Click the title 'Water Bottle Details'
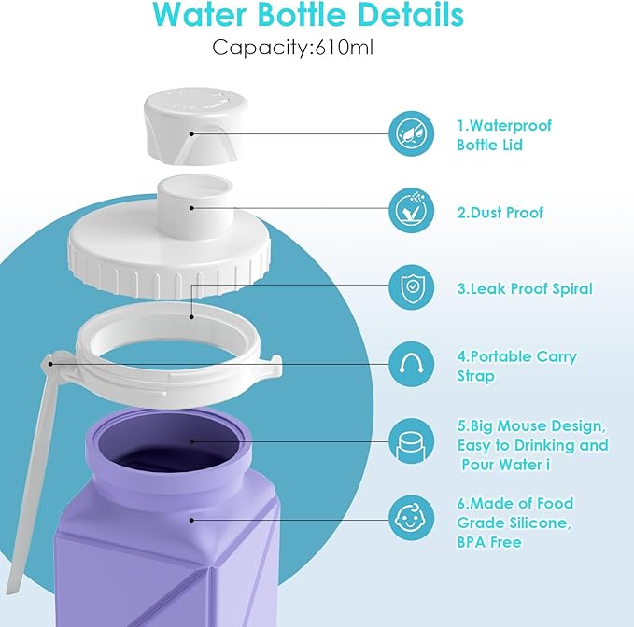point(308,16)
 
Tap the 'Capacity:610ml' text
point(292,47)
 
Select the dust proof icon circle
point(411,211)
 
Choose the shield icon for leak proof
point(411,287)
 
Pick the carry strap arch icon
point(411,365)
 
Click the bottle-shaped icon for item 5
point(411,440)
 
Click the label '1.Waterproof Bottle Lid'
point(504,135)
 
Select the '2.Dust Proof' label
point(500,213)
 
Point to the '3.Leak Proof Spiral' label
point(524,289)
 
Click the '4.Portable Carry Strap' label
point(516,366)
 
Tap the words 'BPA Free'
point(488,542)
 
